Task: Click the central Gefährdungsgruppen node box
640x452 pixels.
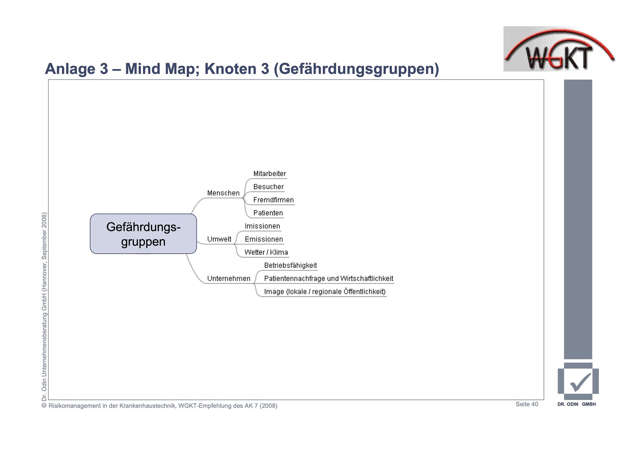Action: pyautogui.click(x=143, y=234)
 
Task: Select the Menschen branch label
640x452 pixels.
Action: pyautogui.click(x=223, y=193)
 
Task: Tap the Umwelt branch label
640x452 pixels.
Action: pyautogui.click(x=219, y=239)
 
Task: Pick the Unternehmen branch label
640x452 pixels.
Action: pyautogui.click(x=229, y=278)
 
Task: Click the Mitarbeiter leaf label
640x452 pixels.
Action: pyautogui.click(x=269, y=174)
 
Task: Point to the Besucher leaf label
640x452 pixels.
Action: pyautogui.click(x=268, y=187)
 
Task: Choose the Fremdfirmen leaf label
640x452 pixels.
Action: pyautogui.click(x=273, y=200)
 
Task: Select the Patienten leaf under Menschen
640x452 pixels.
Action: pyautogui.click(x=268, y=213)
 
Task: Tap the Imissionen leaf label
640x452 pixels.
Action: pyautogui.click(x=262, y=226)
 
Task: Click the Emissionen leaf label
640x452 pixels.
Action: pyautogui.click(x=264, y=239)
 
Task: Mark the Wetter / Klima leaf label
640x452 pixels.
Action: pyautogui.click(x=266, y=252)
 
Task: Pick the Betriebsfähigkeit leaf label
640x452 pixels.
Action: pyautogui.click(x=290, y=265)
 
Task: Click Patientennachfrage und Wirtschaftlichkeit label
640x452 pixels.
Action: pyautogui.click(x=328, y=278)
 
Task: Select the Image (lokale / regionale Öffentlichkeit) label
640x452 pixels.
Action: pyautogui.click(x=325, y=292)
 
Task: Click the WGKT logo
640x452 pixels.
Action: pyautogui.click(x=559, y=49)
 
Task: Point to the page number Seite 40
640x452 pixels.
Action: pyautogui.click(x=527, y=404)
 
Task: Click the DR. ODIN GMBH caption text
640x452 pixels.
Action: pyautogui.click(x=576, y=404)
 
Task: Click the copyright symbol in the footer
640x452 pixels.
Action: pyautogui.click(x=44, y=405)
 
